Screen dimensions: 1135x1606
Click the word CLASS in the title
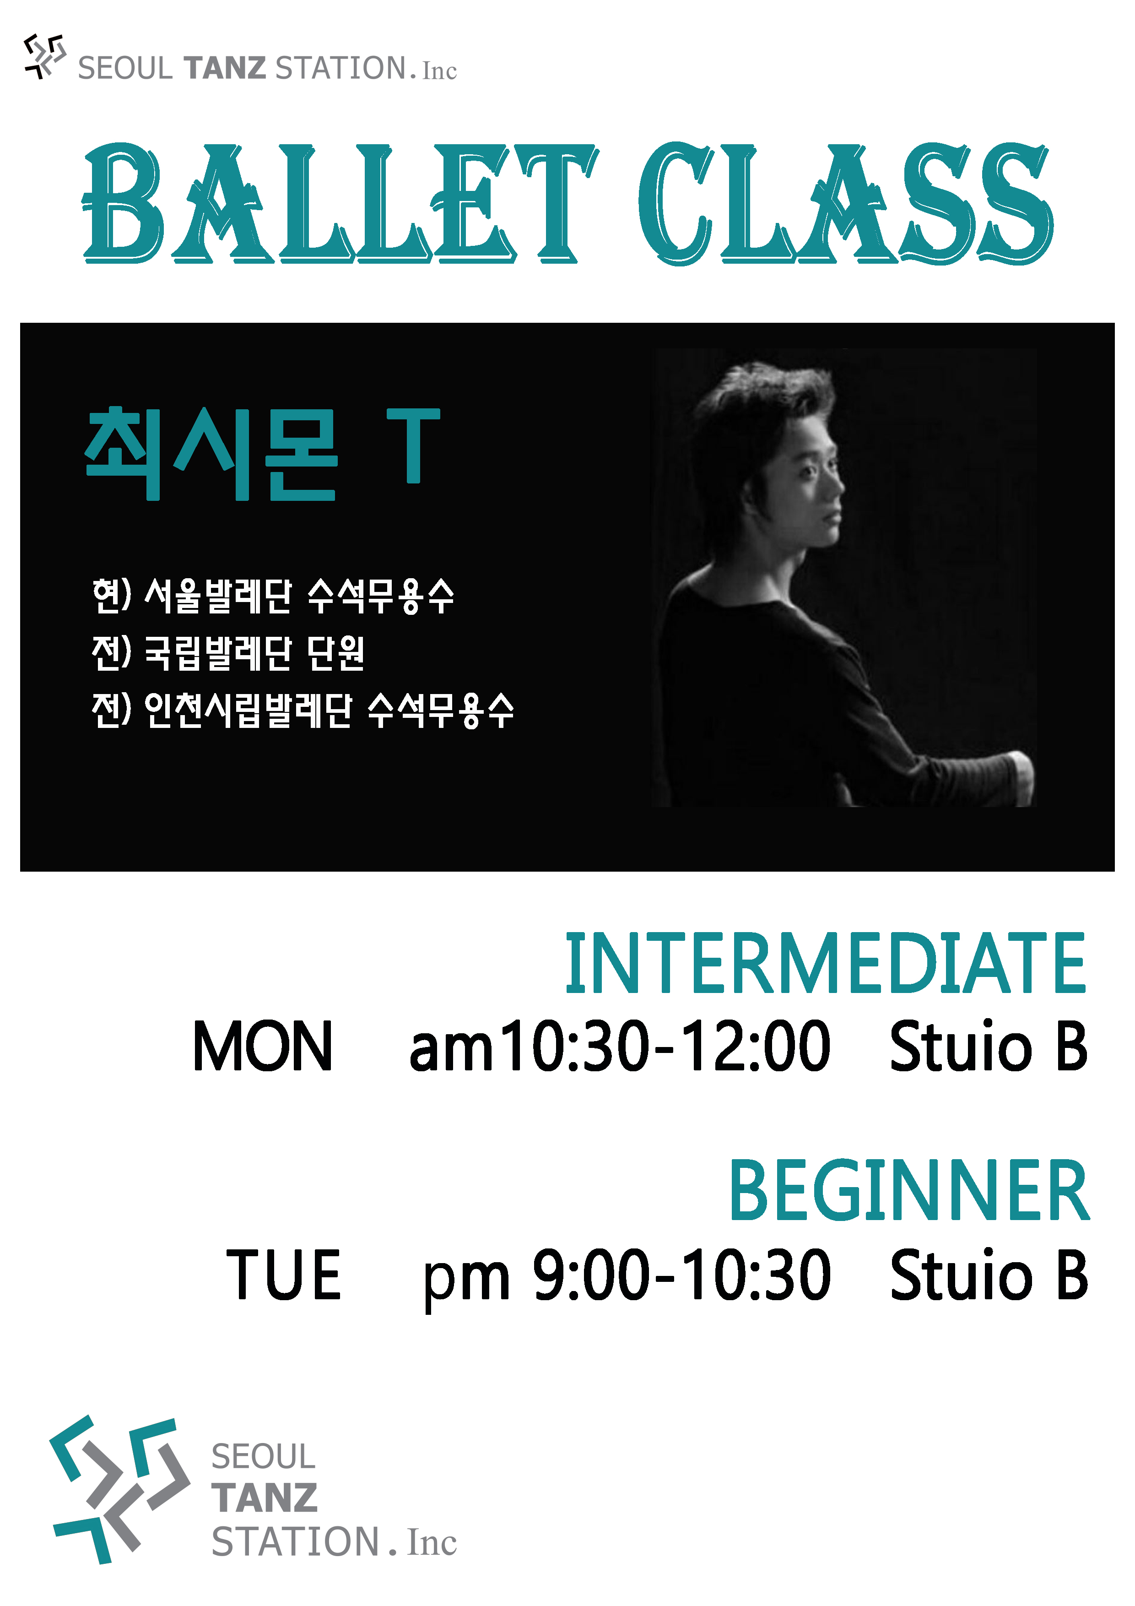click(x=845, y=203)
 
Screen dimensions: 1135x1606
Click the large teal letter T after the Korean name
click(x=413, y=445)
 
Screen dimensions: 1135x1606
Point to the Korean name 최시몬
click(x=211, y=453)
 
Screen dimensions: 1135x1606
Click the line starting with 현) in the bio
click(x=273, y=596)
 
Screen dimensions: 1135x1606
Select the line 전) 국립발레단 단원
click(x=228, y=653)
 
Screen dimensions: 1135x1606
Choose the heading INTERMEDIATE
click(x=825, y=963)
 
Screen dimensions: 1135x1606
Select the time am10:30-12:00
click(x=620, y=1047)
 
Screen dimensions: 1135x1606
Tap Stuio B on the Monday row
click(x=988, y=1047)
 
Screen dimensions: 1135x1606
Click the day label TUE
click(x=283, y=1275)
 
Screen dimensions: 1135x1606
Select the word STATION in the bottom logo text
click(x=296, y=1542)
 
